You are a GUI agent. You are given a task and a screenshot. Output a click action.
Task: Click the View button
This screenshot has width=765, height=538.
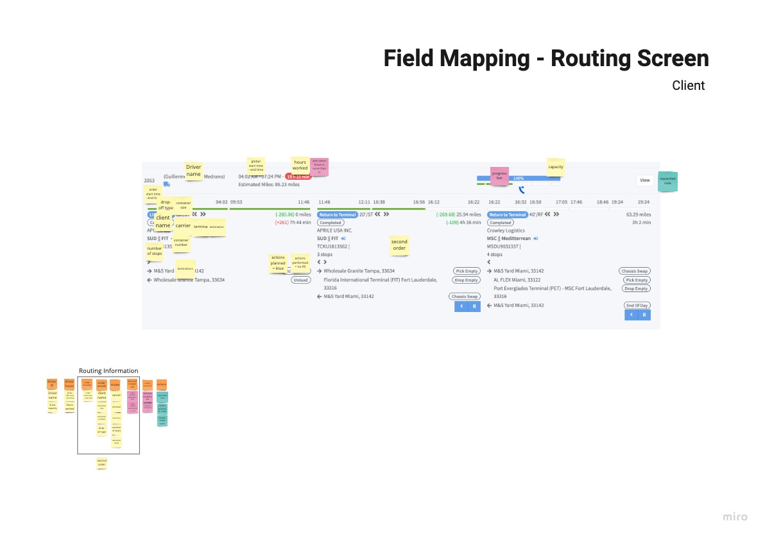(644, 180)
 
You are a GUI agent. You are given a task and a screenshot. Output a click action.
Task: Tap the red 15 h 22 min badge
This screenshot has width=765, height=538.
(298, 177)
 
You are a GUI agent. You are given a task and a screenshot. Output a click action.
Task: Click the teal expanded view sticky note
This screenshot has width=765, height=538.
(667, 182)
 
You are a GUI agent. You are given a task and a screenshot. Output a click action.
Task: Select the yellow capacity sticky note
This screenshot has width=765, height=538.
(555, 167)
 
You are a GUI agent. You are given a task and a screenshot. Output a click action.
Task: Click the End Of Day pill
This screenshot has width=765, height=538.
(637, 306)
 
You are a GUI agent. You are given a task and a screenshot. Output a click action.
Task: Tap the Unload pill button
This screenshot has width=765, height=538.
(300, 280)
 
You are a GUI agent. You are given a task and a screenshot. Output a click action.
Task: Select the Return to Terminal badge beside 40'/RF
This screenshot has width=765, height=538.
(507, 214)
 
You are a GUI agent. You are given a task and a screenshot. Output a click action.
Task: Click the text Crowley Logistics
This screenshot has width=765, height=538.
(506, 230)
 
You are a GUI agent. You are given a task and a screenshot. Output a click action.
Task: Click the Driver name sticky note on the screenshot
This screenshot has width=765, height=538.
(193, 171)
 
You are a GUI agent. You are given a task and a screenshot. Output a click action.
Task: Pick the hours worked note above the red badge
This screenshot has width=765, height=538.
(300, 165)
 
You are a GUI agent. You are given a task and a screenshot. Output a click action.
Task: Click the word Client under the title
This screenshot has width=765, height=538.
(688, 86)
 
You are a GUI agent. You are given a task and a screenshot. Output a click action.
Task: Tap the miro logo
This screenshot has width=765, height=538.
(735, 517)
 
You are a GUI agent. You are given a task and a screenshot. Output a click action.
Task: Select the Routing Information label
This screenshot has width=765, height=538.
(108, 371)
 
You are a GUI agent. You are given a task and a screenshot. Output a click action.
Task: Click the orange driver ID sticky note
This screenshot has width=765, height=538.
(52, 384)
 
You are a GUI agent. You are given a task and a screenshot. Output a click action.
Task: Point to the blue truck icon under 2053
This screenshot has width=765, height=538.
(166, 184)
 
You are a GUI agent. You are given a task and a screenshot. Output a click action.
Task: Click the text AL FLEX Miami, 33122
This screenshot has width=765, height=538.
(517, 280)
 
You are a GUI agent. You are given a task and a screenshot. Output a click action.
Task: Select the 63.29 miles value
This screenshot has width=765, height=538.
(637, 214)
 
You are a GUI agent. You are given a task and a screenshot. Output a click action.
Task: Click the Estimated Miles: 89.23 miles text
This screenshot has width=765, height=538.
(269, 184)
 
